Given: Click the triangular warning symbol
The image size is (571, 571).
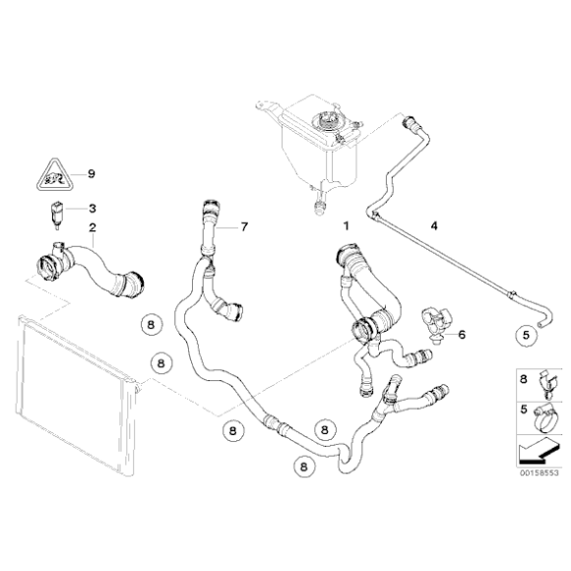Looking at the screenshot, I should click(x=51, y=176).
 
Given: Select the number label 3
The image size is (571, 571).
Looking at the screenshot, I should click(x=92, y=209).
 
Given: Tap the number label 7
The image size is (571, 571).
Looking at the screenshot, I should click(x=243, y=228).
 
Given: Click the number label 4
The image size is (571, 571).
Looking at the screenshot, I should click(x=433, y=226).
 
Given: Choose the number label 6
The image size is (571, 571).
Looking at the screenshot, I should click(x=462, y=334).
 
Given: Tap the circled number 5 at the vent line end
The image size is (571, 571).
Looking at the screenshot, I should click(x=527, y=335).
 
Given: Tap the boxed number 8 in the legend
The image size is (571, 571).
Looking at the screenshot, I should click(x=523, y=378).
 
